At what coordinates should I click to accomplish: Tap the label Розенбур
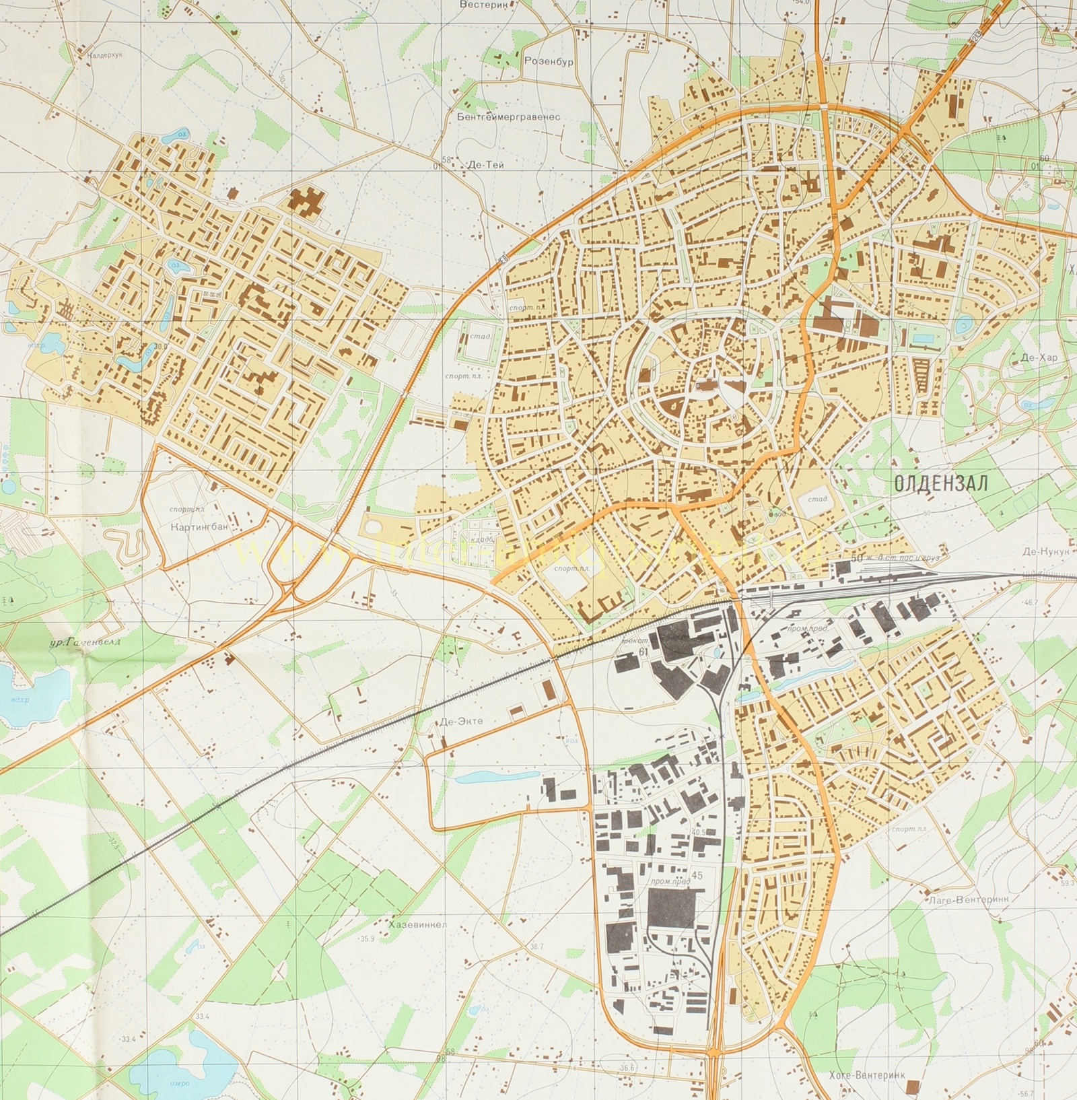tap(548, 61)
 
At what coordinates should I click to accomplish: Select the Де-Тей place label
tap(485, 164)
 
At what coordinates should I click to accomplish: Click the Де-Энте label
tap(462, 721)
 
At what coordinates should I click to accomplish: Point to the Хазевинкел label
tap(417, 924)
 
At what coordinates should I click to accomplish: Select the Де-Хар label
tap(1039, 357)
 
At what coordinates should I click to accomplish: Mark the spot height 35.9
tap(367, 939)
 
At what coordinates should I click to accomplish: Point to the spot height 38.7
tap(536, 946)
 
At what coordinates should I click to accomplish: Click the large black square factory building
tap(670, 907)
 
